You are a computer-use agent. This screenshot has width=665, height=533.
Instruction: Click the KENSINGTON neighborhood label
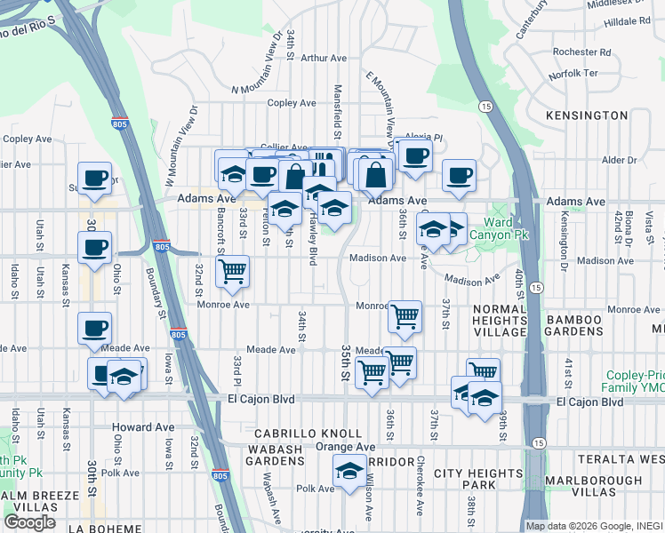(x=587, y=115)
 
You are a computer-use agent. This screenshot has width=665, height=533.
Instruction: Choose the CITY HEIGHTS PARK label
(x=477, y=480)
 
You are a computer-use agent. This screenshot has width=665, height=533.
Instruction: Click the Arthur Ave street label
(x=324, y=59)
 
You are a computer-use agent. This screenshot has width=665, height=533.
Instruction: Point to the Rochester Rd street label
(x=581, y=52)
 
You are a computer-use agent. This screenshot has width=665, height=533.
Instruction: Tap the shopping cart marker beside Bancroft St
(x=233, y=271)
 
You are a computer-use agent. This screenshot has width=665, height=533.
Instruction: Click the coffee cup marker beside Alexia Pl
(x=415, y=156)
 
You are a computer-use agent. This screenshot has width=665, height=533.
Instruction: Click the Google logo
(x=30, y=522)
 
